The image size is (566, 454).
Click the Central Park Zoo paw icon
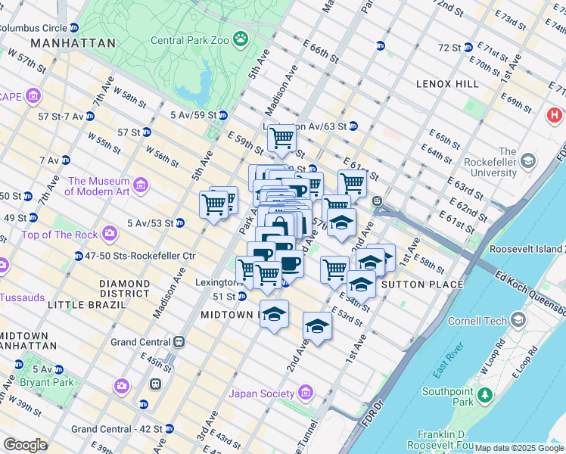point(241,39)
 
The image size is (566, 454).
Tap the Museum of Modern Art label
point(98,186)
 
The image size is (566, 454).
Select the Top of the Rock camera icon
point(109,234)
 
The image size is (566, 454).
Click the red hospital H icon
point(555,116)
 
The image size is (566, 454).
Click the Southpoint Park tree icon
point(484,396)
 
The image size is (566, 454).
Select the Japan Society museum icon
point(305,393)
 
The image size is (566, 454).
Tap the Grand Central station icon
point(180,342)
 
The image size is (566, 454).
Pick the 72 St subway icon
point(468,47)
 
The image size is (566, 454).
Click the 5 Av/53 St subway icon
point(179,223)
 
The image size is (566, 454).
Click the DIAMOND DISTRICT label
point(124,288)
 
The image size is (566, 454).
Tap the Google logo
point(25,444)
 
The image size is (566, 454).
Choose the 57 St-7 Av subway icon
point(89,117)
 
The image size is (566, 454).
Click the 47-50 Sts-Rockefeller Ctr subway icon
point(78,256)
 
